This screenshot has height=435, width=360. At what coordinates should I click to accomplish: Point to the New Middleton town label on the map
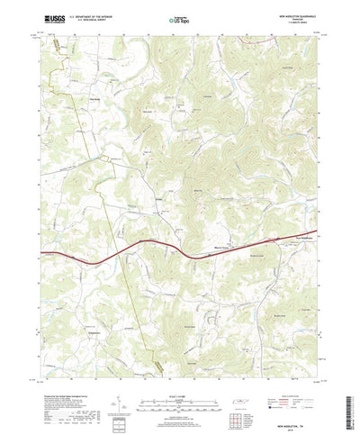click(283, 239)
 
